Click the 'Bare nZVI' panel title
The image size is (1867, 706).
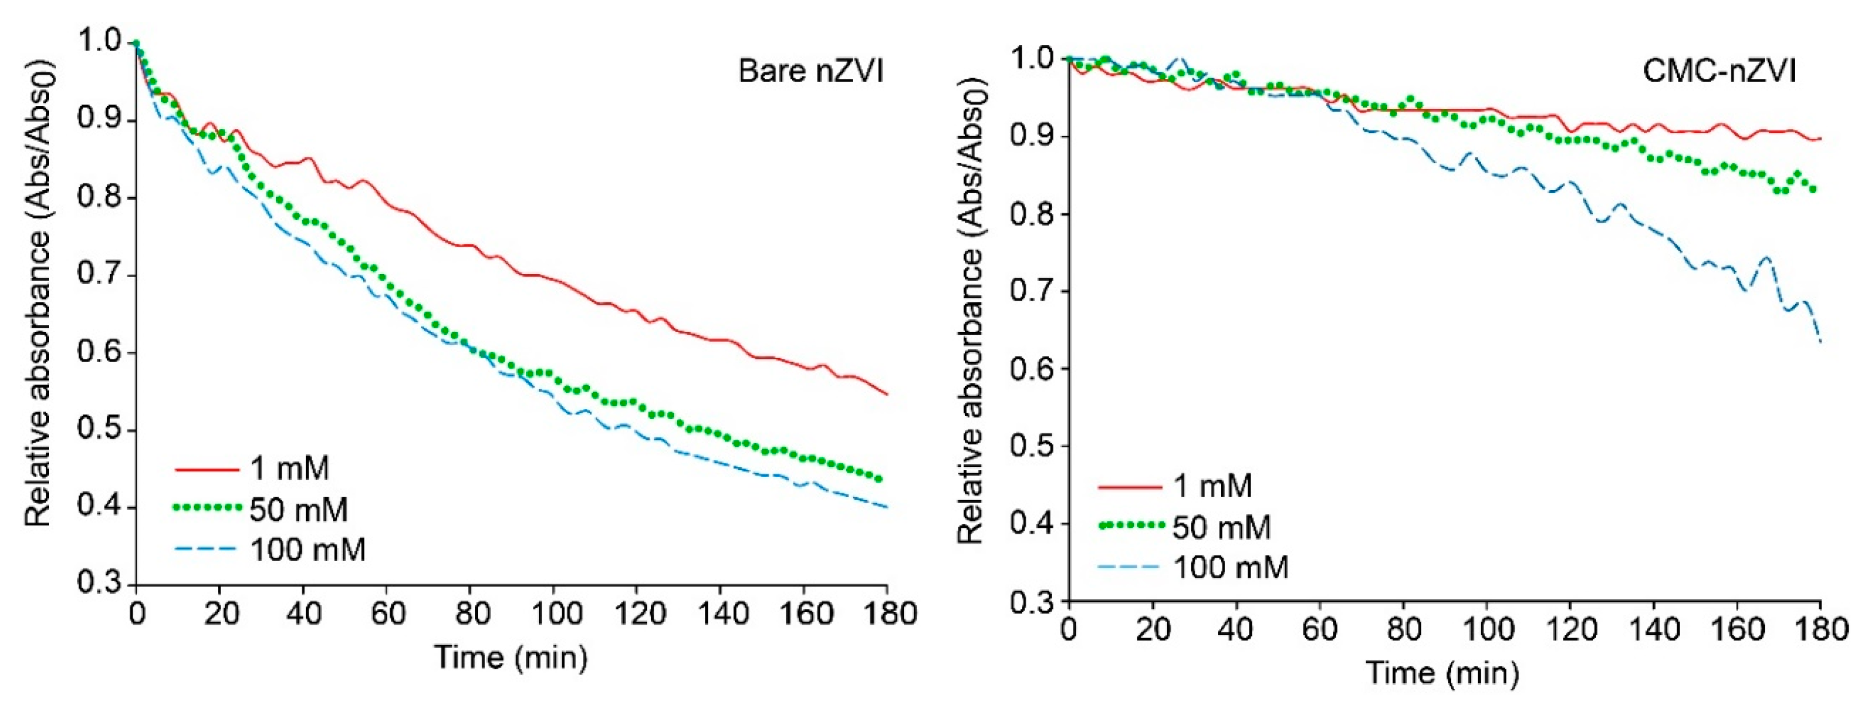[x=810, y=72]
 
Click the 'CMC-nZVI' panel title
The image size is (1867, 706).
[x=1719, y=72]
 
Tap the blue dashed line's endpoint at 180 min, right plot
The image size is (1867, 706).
[x=1820, y=342]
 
